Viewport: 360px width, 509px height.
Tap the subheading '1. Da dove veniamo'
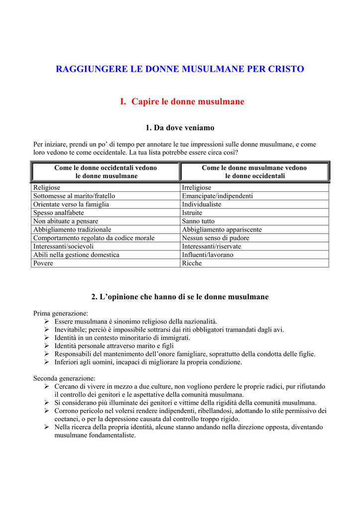pos(180,128)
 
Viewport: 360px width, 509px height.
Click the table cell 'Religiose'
pos(47,187)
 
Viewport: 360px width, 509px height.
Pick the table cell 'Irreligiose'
pos(196,187)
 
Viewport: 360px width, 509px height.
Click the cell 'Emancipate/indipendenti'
pos(217,196)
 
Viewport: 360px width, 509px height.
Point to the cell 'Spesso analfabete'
pos(59,213)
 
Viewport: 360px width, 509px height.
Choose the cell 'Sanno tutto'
pos(198,221)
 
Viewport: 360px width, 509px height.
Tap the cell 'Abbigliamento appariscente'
pos(222,230)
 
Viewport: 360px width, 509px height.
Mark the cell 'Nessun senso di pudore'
pos(216,238)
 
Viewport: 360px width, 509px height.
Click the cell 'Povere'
pos(43,263)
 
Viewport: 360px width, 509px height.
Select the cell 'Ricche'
pos(192,263)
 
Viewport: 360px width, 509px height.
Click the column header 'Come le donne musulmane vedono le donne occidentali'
pos(254,171)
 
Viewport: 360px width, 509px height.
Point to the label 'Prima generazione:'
pos(61,314)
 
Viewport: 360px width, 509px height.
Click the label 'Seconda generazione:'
pos(64,378)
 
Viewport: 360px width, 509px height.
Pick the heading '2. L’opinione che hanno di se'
pos(180,297)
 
